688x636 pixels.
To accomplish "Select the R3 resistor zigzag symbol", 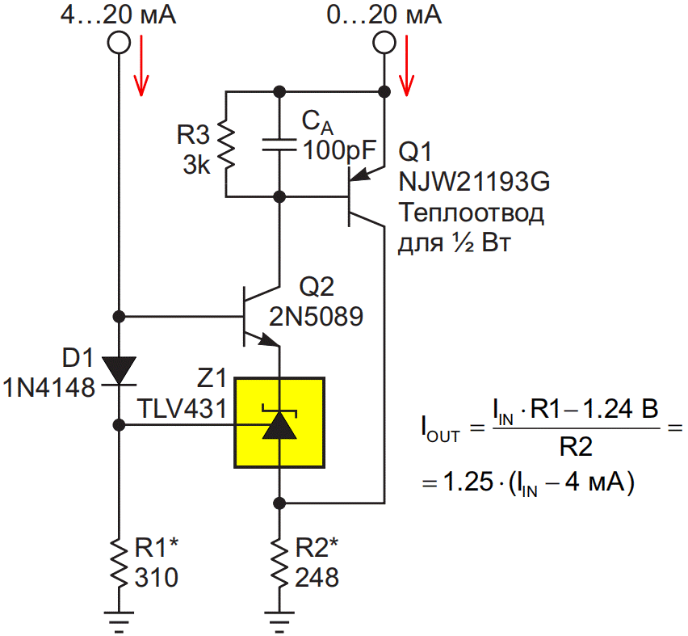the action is [x=226, y=145].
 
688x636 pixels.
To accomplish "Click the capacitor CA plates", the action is [x=279, y=145].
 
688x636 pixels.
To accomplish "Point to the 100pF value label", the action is [x=340, y=150].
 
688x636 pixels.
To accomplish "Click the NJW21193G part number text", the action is [x=474, y=181].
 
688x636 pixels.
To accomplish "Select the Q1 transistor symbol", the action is [x=364, y=196].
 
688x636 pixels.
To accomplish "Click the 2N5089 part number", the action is [x=316, y=316].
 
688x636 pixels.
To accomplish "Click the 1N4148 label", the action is [x=48, y=388].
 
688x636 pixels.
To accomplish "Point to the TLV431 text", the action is [x=182, y=408].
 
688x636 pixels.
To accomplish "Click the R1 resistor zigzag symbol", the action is [x=119, y=563].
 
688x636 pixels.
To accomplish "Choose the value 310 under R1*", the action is [x=157, y=577].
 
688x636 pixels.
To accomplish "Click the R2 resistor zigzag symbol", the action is [x=279, y=563].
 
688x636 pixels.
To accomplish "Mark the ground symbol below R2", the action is [x=279, y=622].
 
